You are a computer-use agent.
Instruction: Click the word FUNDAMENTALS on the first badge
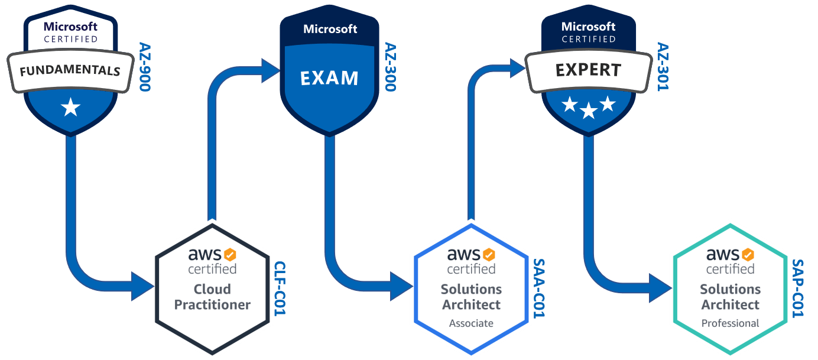pos(70,72)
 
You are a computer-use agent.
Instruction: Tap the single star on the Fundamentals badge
pos(70,108)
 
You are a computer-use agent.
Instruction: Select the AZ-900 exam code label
pos(145,67)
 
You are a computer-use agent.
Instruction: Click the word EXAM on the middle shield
pos(329,78)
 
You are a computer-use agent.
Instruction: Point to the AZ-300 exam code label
pos(391,67)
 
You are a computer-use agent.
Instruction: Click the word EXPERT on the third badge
pos(588,70)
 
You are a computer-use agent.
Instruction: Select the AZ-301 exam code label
pos(663,67)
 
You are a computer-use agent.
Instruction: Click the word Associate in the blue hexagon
pos(471,323)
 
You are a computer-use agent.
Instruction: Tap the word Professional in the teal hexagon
pos(730,323)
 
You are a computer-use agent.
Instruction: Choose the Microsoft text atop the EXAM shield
pos(330,29)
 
